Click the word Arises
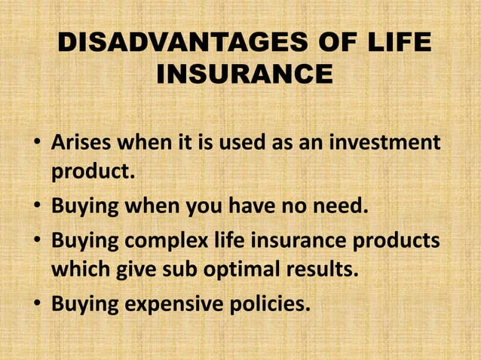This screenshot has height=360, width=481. click(x=83, y=142)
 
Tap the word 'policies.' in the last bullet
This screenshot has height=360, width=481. click(x=271, y=306)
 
